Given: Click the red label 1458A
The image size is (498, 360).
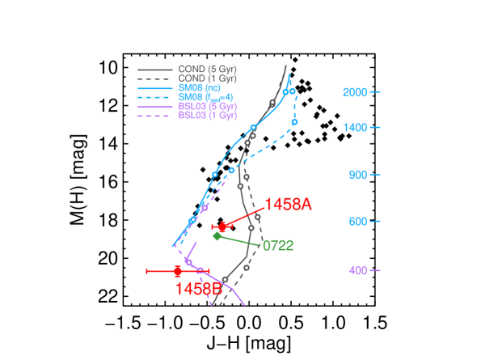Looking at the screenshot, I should (x=288, y=205).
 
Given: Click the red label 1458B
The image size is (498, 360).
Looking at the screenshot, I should (x=198, y=288).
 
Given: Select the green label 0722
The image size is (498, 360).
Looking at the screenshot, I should (x=277, y=245).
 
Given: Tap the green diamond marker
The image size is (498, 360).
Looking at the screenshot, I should (x=217, y=235).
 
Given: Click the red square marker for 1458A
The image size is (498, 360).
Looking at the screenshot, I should (x=222, y=227).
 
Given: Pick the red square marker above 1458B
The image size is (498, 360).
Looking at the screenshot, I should (x=178, y=271).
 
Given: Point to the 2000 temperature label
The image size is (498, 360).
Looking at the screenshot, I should (x=355, y=92).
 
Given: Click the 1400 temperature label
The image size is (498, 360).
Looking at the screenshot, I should (x=355, y=128).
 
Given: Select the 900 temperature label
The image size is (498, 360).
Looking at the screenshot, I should (x=358, y=175).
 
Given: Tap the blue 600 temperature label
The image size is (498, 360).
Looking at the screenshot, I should (x=358, y=222).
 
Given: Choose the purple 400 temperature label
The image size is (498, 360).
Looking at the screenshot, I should (x=358, y=270).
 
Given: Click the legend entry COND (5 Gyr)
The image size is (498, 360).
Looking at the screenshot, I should (x=207, y=70).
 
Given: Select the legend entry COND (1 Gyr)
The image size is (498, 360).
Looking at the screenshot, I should (x=207, y=78).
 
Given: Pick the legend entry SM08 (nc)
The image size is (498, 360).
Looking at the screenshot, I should (x=200, y=87).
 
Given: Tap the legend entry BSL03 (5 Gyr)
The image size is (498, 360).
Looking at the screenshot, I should (x=208, y=106).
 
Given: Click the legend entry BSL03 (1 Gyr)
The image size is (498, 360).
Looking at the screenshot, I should (x=208, y=116).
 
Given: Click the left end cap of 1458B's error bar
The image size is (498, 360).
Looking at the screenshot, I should (x=146, y=271).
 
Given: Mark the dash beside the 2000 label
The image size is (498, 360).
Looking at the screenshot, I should (x=375, y=92).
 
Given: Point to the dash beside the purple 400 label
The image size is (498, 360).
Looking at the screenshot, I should (x=375, y=270).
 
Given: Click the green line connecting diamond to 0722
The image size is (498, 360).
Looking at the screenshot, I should (x=238, y=240).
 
